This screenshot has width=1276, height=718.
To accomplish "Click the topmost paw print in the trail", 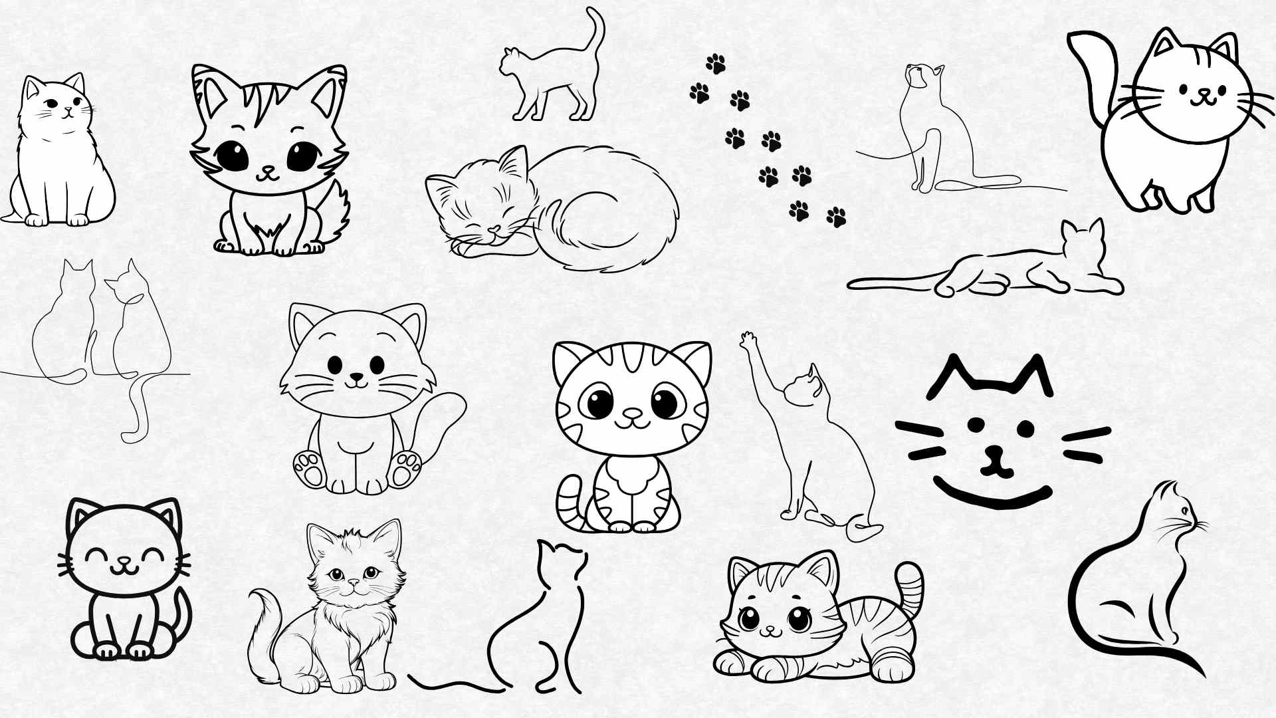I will point(716,64).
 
